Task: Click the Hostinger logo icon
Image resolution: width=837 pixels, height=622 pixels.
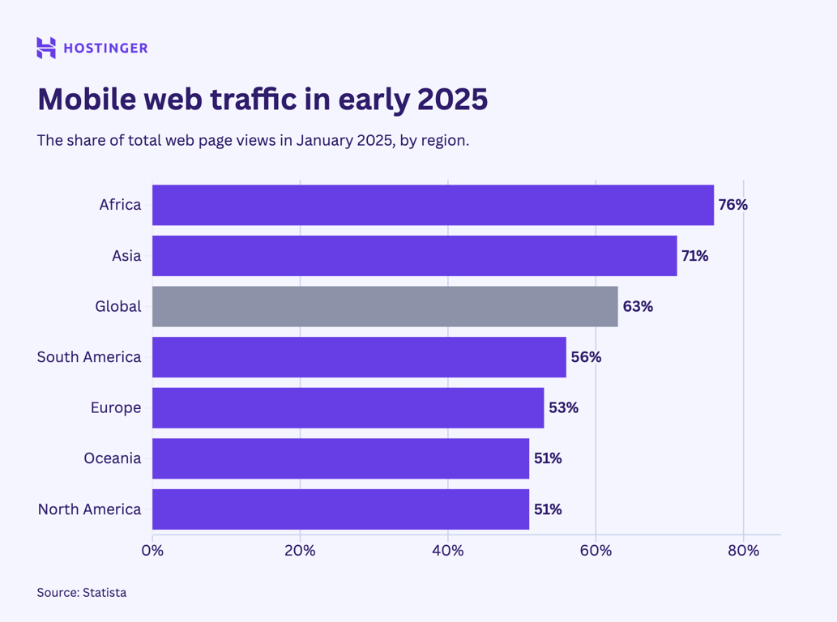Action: point(46,48)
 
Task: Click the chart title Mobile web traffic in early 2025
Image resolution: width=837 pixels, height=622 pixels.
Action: point(263,99)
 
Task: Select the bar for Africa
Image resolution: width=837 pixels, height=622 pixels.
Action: point(433,205)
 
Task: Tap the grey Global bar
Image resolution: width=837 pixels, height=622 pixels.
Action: point(385,306)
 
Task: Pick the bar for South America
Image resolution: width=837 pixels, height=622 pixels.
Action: point(359,357)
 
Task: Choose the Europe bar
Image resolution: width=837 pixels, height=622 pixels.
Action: point(348,407)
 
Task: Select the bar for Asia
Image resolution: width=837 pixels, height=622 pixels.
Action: point(414,256)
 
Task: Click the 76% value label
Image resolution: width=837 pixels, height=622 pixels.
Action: point(732,205)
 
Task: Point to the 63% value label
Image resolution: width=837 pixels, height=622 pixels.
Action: point(638,306)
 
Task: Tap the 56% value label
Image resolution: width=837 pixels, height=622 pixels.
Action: point(586,357)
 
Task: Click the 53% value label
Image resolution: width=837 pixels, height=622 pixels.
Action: point(563,407)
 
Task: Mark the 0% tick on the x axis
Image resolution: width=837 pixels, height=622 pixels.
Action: point(152,551)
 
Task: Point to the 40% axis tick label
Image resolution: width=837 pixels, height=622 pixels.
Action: point(448,551)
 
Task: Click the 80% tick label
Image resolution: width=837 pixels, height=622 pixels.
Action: point(743,551)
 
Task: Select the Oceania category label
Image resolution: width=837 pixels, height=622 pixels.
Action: point(113,458)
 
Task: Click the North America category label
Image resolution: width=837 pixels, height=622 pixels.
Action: point(89,509)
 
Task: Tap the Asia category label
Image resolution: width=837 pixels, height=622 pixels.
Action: point(126,256)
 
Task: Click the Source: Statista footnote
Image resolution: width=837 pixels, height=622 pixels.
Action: point(82,593)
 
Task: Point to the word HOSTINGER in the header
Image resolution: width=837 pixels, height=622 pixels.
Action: point(105,49)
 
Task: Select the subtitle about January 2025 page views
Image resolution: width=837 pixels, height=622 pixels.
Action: point(253,140)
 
